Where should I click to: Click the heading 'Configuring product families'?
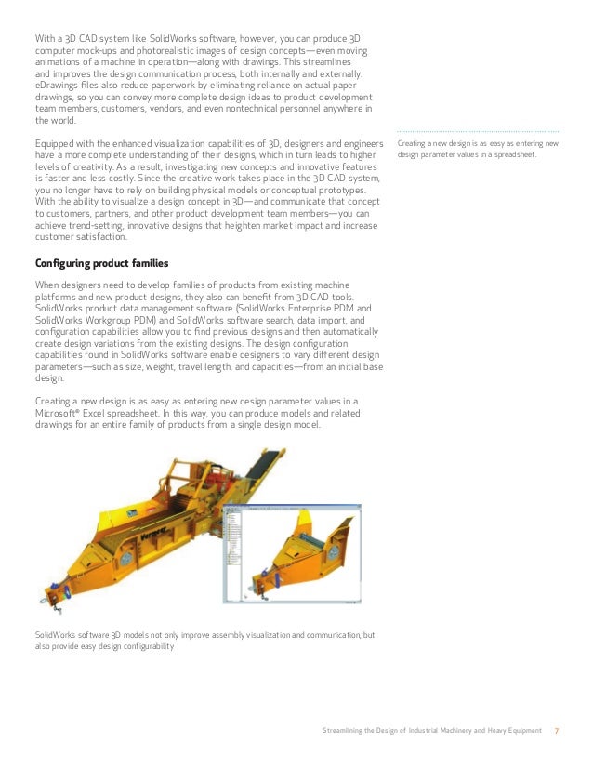[101, 263]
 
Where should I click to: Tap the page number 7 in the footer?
[557, 730]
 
